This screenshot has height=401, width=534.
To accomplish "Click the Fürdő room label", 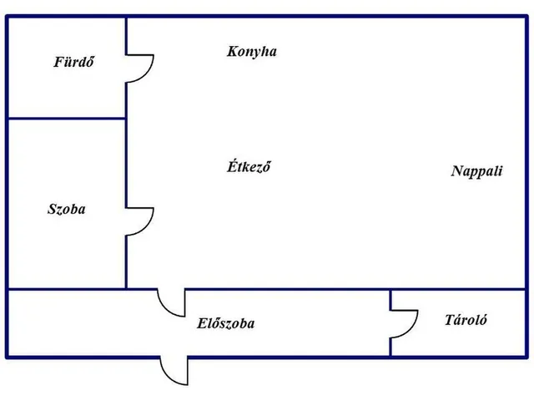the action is click(73, 62).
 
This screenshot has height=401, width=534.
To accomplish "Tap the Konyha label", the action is click(252, 52).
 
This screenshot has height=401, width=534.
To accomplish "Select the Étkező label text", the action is click(249, 166).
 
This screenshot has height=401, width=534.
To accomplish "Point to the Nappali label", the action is click(476, 171).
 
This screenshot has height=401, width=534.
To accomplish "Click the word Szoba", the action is click(67, 209).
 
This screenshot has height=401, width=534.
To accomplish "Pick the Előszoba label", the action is click(225, 323).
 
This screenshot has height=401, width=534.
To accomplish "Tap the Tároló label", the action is click(466, 319).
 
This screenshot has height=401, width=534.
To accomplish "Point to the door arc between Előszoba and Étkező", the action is click(165, 308).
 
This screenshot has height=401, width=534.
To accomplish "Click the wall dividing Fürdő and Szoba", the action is click(67, 119).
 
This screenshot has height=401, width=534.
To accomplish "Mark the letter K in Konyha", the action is click(232, 51).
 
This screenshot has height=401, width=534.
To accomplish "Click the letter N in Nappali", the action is click(458, 170).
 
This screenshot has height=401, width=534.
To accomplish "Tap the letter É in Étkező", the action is click(232, 165).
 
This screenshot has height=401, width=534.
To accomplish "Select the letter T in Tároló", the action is click(451, 319).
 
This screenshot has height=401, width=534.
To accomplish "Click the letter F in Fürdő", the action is click(59, 62).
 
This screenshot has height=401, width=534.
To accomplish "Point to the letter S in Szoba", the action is click(52, 209).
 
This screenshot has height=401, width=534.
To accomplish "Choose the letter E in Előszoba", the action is click(202, 323).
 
